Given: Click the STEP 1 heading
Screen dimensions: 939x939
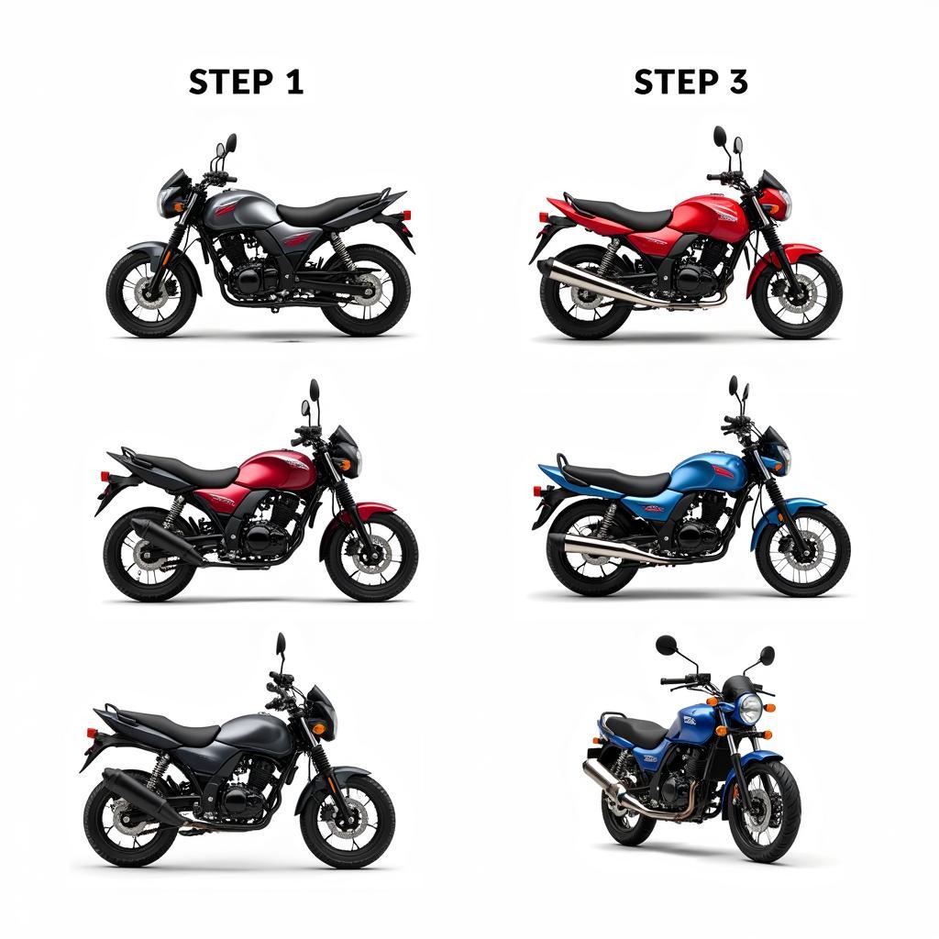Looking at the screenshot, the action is click(246, 82).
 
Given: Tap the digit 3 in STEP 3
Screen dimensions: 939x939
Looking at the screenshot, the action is click(738, 82).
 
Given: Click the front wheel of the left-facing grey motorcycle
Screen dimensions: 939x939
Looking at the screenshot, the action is click(151, 293).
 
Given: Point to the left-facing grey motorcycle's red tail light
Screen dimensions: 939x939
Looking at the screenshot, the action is click(407, 215).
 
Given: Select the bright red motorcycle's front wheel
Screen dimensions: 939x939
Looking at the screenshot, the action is click(798, 295).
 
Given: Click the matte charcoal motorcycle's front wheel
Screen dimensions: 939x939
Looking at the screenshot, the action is click(348, 820).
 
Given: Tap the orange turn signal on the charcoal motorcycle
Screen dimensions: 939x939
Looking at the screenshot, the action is click(319, 729).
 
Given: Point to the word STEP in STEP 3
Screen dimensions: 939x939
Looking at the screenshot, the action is click(677, 82).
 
